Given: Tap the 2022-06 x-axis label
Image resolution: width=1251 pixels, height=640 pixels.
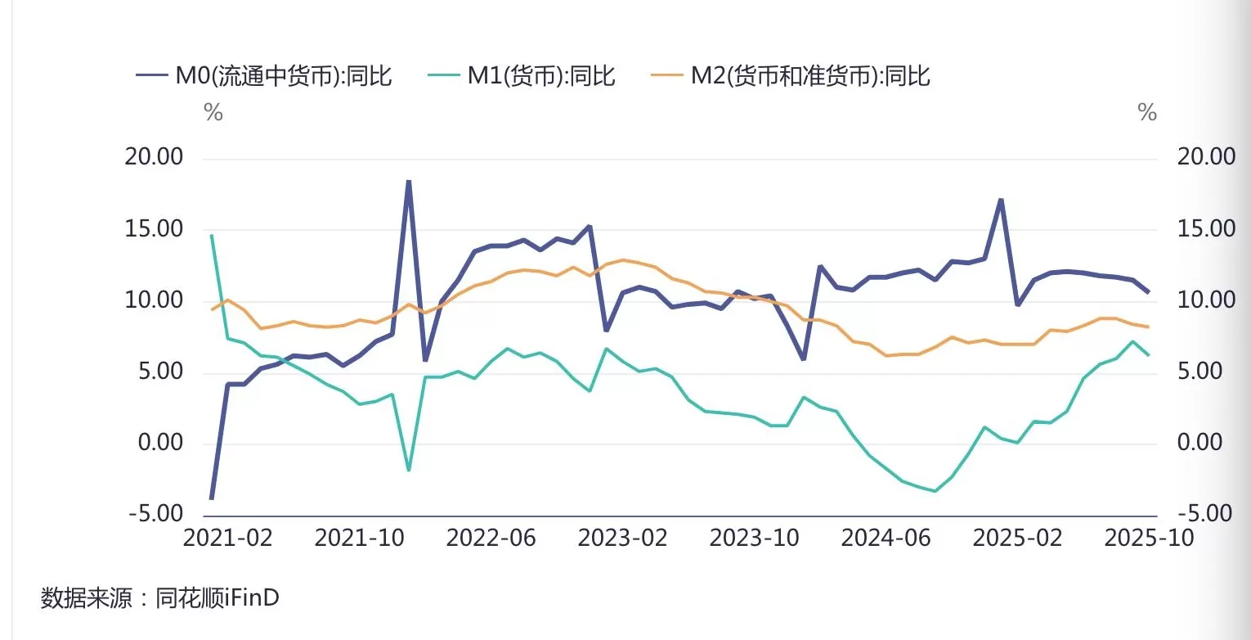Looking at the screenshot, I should (491, 539).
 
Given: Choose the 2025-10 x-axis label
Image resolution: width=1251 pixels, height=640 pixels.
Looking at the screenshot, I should (1137, 539).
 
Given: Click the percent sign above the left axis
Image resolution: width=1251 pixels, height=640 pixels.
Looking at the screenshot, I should (213, 113).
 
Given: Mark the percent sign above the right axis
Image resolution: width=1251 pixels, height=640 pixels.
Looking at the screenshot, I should (1147, 113).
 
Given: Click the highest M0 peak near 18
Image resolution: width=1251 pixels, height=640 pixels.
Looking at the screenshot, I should (408, 182).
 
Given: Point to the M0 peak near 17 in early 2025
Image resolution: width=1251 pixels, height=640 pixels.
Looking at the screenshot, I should (1000, 200).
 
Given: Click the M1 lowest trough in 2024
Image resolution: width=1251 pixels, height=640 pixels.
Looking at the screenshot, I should (935, 491).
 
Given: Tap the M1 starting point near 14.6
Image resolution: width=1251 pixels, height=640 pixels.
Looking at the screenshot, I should (212, 236).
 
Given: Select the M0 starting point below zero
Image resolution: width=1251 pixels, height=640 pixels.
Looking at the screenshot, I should (212, 498).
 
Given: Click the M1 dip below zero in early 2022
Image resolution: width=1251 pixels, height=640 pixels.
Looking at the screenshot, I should (408, 470).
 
